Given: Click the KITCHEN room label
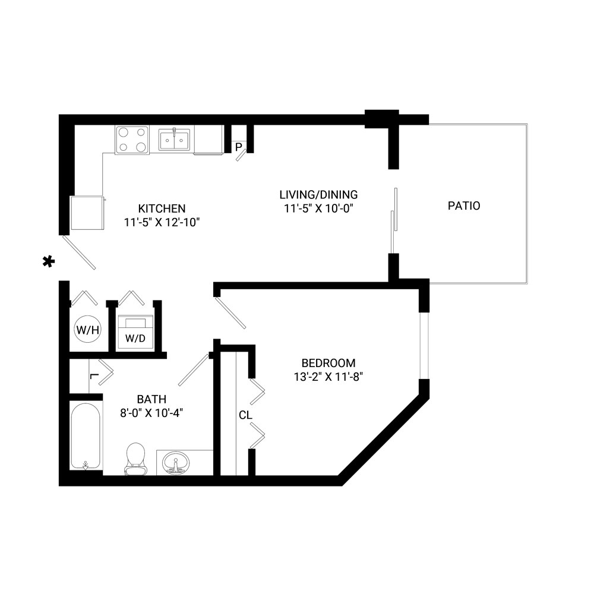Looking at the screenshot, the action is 162,208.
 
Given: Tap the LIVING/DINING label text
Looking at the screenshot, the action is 318,195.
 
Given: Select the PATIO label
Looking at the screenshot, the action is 464,206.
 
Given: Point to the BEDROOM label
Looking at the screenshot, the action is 328,363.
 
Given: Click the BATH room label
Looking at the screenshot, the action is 151,399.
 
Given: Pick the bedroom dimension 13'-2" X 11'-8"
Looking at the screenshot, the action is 328,377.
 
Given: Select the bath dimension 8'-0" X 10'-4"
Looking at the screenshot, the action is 151,413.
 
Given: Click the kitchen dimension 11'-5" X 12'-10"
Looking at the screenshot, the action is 162,222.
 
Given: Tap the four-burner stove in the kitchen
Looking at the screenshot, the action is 132,140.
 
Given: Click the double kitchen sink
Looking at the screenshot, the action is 174,140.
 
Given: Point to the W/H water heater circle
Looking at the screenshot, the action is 87,329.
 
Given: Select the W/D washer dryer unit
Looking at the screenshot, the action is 135,331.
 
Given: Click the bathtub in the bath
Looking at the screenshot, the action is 86,436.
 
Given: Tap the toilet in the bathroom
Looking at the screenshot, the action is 135,459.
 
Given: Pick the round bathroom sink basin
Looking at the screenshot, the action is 176,463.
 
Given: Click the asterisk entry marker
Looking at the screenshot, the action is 49,261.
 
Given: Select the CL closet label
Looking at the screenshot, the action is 245,415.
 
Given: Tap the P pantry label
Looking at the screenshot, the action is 239,147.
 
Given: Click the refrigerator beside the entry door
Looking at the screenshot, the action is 87,213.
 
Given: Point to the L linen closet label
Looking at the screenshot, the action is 94,376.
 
